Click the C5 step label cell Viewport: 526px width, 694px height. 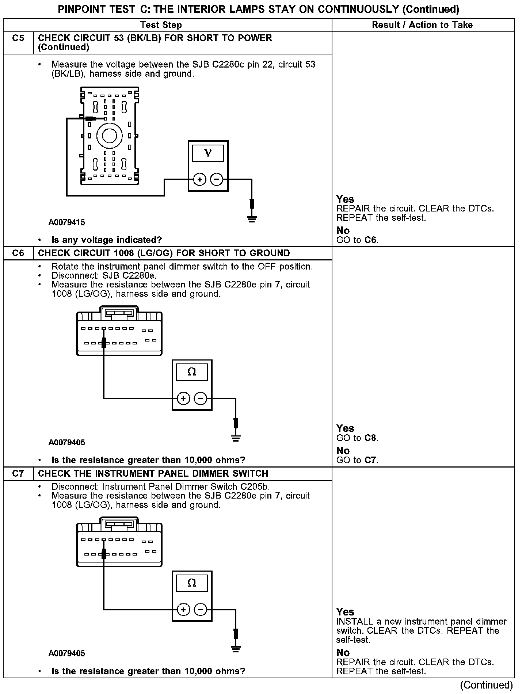click(18, 38)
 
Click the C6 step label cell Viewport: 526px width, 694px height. click(18, 253)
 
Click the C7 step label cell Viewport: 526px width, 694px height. click(18, 474)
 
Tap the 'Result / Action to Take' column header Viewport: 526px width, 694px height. click(422, 25)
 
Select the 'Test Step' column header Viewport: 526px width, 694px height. click(161, 25)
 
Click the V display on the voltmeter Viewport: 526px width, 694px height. click(208, 152)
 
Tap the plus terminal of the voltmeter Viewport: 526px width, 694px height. click(199, 179)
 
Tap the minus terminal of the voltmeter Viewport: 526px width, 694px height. click(217, 179)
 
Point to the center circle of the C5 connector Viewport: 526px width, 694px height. click(109, 136)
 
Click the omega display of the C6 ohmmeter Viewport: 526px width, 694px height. click(192, 372)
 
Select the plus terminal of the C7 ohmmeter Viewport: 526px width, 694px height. click(183, 609)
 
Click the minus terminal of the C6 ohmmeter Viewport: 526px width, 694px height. click(200, 398)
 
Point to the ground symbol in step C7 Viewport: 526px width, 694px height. click(236, 649)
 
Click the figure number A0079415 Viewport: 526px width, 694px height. click(67, 222)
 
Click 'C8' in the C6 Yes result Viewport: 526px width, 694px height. click(370, 438)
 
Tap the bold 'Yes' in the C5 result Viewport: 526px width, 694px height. click(345, 199)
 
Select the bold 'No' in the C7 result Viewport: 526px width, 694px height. click(343, 652)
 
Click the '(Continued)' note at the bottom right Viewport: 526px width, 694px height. click(487, 685)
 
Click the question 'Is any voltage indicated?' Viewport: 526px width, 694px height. click(107, 240)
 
